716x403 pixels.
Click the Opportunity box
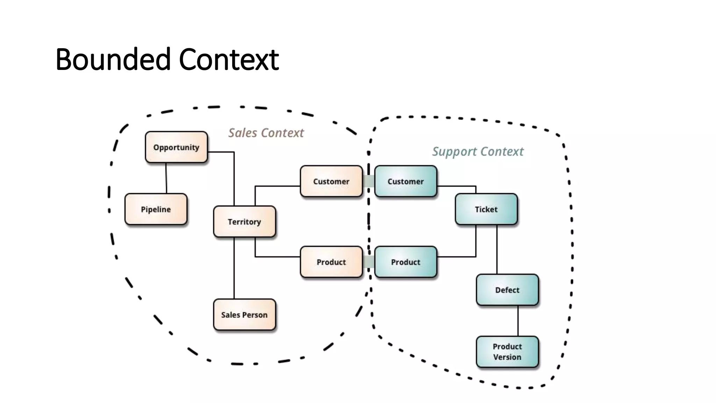point(176,147)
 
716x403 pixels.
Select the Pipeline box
point(156,209)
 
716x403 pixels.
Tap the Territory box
point(244,221)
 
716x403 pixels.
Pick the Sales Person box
point(244,314)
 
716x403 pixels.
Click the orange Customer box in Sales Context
point(331,181)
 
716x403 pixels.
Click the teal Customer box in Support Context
point(406,181)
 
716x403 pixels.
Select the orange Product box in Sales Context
point(331,262)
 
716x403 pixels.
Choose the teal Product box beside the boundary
point(406,262)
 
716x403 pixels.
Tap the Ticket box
point(486,209)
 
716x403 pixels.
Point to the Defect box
point(507,290)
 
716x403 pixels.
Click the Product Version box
point(507,352)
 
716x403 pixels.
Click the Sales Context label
point(266,133)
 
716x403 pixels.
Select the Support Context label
point(478,151)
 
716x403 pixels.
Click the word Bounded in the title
point(113,59)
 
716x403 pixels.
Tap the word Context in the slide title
point(229,59)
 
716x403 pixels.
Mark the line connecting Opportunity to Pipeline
point(166,178)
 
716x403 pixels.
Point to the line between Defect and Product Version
point(518,321)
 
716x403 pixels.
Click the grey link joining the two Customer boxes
point(368,181)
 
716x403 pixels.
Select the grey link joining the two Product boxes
point(368,262)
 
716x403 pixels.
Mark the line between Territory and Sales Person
point(234,268)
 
